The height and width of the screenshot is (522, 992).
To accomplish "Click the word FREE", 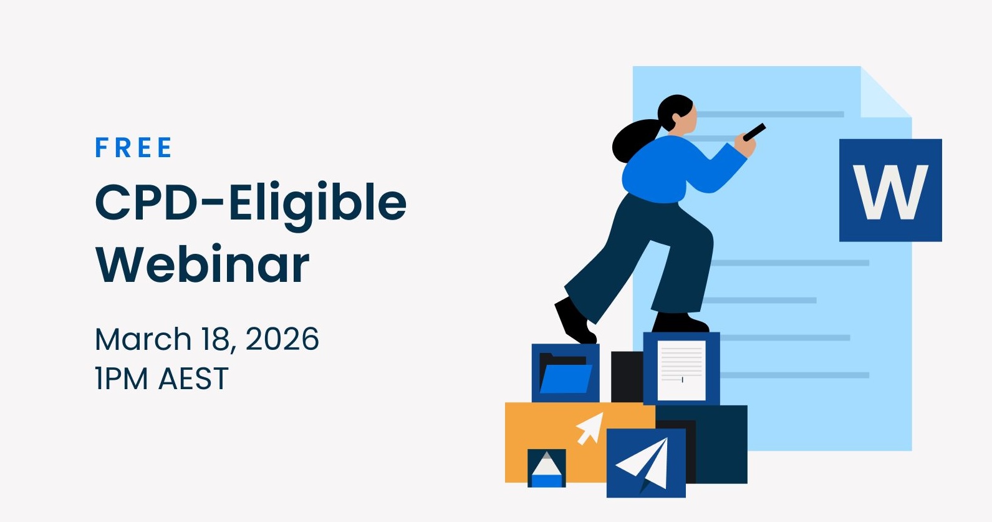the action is (134, 148).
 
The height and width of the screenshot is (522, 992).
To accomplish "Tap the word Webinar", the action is (202, 264).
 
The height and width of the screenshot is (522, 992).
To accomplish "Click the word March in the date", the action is (143, 339).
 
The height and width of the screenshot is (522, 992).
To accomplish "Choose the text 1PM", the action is (122, 379).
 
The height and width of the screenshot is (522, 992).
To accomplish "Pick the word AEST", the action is (193, 379).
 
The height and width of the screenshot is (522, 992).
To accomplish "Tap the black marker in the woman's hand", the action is (754, 132).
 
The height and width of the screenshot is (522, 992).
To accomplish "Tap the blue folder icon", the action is (566, 374).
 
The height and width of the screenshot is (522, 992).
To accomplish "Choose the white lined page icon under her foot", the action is (681, 370).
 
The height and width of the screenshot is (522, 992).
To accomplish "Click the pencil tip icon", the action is (546, 469).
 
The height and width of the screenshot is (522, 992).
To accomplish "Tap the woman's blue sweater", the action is (675, 169).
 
